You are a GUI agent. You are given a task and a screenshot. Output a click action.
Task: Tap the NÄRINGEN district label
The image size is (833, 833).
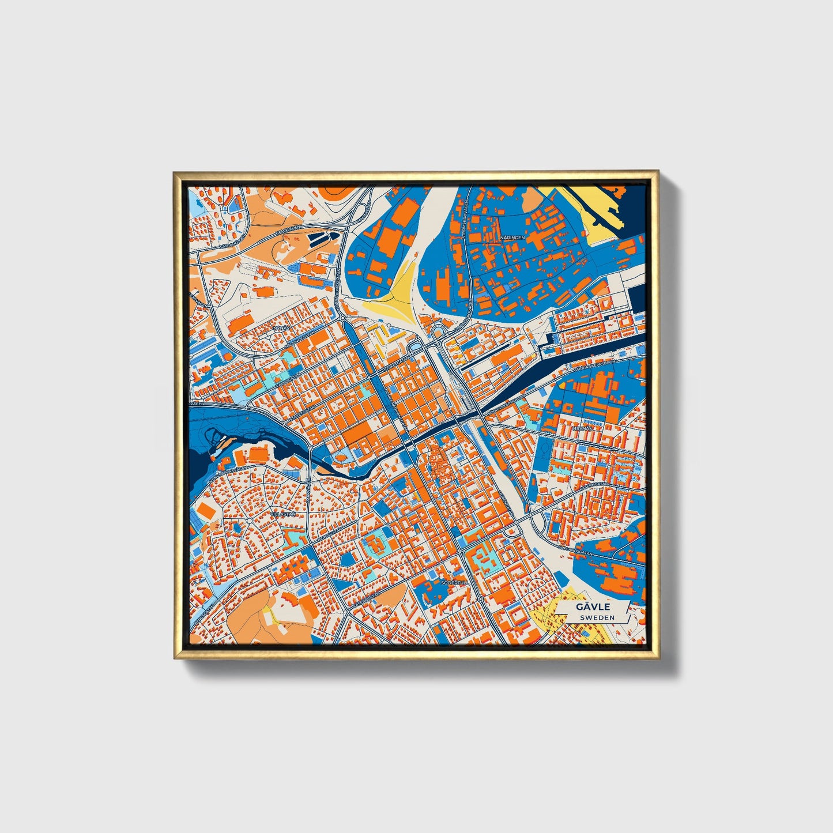[512, 237]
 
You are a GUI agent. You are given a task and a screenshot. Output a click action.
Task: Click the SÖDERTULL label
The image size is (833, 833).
[452, 583]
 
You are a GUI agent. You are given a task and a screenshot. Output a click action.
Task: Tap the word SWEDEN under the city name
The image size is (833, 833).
[597, 617]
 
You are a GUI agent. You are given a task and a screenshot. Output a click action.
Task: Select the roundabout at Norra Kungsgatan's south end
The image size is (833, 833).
[342, 317]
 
